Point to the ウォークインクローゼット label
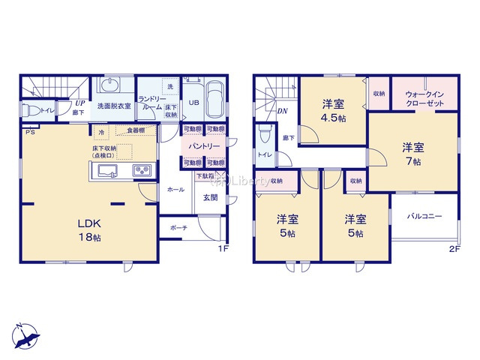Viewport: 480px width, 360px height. click(424, 98)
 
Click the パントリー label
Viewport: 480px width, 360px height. click(205, 146)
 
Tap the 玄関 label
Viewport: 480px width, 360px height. click(211, 198)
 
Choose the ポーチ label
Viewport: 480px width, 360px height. click(178, 228)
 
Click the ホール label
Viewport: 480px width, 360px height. click(175, 190)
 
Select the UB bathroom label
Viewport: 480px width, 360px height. click(193, 103)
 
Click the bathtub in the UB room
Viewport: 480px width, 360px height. click(214, 100)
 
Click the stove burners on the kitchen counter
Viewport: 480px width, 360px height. click(142, 171)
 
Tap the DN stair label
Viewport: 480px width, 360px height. click(282, 112)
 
